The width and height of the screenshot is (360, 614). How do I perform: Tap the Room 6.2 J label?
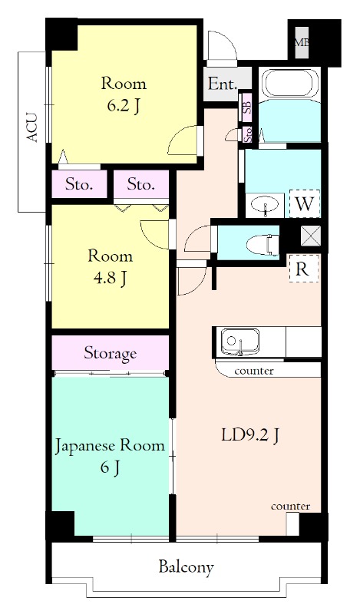[124, 94]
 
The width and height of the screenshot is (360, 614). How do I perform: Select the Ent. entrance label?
[222, 84]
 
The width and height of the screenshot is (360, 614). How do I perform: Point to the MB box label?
[302, 42]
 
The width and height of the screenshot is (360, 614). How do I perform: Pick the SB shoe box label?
[247, 106]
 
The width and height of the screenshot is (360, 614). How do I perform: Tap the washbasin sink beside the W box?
[266, 205]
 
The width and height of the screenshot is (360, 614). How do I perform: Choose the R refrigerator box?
[302, 269]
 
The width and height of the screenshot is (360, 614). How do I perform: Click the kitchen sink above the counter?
[241, 342]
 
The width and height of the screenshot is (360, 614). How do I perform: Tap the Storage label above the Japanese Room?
[110, 353]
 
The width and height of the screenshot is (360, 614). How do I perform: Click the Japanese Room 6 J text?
[109, 456]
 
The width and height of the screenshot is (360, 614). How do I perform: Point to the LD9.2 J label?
[249, 435]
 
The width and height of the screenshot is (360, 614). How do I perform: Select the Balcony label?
[186, 568]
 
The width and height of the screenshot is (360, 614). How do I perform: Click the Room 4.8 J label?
[110, 267]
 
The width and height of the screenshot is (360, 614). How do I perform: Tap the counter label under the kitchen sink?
[254, 371]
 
